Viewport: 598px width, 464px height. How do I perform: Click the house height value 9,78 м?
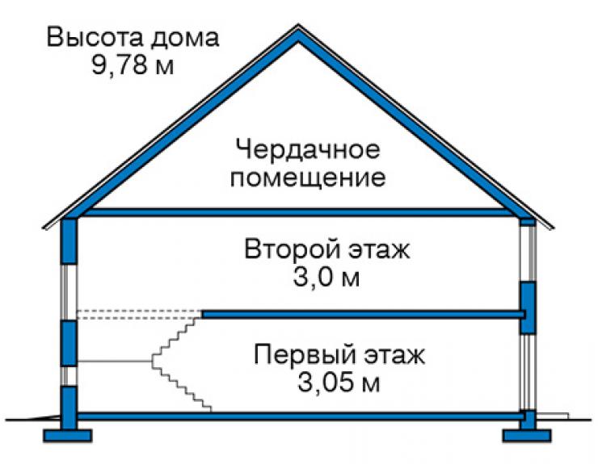click(133, 65)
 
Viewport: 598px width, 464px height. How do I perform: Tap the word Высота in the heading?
click(95, 37)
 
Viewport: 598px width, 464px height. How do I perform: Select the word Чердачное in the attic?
click(308, 149)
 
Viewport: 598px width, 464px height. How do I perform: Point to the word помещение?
click(307, 178)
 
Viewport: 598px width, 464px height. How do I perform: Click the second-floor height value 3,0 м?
click(326, 278)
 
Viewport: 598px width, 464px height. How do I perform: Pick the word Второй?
click(292, 250)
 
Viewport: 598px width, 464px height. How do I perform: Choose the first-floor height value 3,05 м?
click(339, 382)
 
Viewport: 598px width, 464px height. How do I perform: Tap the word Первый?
click(303, 355)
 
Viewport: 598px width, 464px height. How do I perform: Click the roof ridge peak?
click(298, 26)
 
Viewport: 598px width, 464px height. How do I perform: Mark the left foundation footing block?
click(68, 436)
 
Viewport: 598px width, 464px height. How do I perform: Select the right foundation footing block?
click(527, 436)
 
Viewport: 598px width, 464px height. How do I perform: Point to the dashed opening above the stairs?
click(140, 314)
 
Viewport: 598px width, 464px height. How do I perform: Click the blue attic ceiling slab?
click(298, 212)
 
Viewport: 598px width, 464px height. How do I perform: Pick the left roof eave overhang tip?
click(43, 228)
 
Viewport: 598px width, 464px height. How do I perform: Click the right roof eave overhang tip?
click(554, 228)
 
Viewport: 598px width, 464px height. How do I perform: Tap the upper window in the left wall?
click(69, 292)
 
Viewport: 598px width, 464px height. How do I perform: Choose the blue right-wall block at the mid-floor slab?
click(529, 307)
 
